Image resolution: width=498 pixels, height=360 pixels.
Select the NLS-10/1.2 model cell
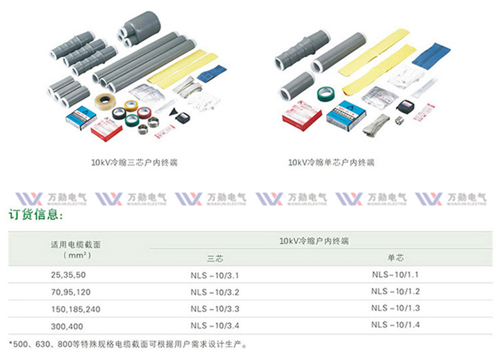tap(395, 291)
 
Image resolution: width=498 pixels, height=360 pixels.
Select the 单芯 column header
tap(395, 258)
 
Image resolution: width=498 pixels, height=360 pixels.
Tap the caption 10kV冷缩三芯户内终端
tap(134, 163)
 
